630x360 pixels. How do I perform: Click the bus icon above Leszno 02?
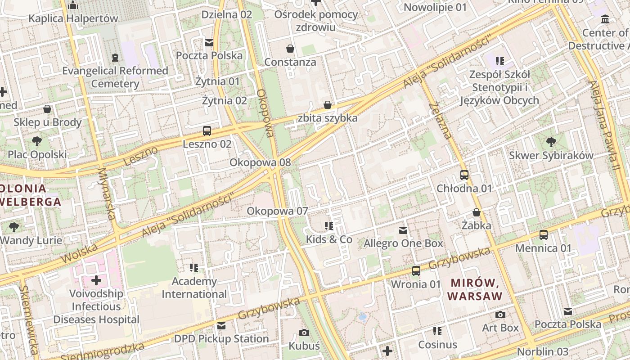point(207,131)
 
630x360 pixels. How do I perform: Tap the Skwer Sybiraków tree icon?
point(551,143)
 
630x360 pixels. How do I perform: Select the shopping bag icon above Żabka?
point(477,212)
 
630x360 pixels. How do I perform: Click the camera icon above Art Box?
point(500,315)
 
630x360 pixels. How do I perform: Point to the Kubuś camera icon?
point(304,333)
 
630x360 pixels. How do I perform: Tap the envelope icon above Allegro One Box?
point(403,230)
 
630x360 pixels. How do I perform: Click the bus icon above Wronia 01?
point(416,271)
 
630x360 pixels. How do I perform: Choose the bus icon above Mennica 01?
point(544,235)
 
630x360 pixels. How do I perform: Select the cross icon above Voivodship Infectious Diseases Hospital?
point(96,281)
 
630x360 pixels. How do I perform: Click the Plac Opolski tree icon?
point(37,142)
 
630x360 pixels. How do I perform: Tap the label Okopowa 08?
point(260,162)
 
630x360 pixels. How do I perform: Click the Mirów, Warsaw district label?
point(475,289)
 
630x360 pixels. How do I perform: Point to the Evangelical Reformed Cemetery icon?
point(115,58)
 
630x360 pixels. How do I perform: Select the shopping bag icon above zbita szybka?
point(328,105)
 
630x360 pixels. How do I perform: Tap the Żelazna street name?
point(441,120)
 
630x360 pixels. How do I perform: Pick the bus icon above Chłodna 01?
point(464,175)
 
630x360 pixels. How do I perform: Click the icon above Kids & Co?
point(329,226)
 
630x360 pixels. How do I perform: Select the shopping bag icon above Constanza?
point(290,49)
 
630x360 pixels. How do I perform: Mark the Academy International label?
point(194,288)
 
